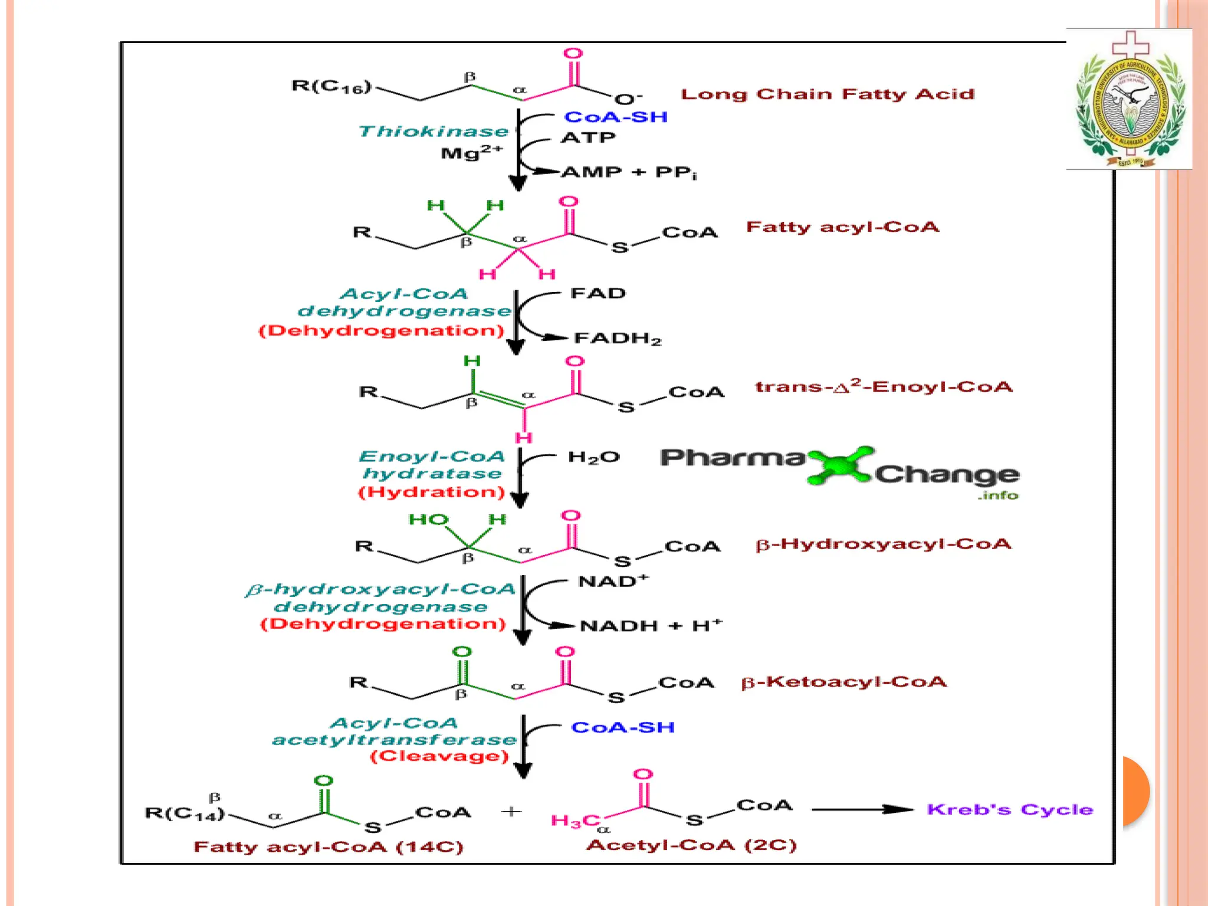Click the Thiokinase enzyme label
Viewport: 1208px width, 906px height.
pos(433,131)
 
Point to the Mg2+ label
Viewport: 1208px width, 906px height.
pos(471,153)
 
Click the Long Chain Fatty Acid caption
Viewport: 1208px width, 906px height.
pos(828,94)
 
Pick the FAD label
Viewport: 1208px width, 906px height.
pos(598,293)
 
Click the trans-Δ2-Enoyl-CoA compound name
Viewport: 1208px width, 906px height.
pos(884,387)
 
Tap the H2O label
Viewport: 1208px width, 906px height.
pos(594,457)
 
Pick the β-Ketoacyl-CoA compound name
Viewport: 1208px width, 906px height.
pos(843,682)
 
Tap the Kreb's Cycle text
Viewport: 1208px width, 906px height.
pos(1010,809)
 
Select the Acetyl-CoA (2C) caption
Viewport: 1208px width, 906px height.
pos(691,845)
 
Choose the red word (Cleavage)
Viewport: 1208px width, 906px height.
pos(439,756)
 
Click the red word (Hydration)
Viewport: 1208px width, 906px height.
pos(432,492)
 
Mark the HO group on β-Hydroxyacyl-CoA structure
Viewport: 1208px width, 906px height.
pos(428,520)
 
